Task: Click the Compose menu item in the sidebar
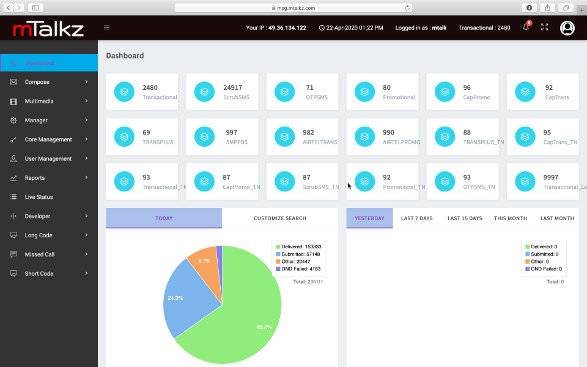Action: [x=37, y=82]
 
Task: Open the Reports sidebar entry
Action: [x=35, y=178]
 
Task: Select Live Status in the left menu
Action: [x=39, y=197]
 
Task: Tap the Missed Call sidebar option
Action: [x=39, y=254]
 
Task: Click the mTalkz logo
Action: [x=48, y=28]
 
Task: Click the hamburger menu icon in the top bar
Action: [x=107, y=28]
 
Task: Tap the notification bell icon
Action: [x=526, y=28]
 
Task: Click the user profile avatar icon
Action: [x=567, y=28]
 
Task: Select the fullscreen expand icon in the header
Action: [x=545, y=28]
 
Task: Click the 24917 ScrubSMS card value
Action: [x=232, y=87]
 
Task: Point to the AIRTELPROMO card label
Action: [x=401, y=142]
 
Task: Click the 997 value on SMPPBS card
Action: [x=232, y=132]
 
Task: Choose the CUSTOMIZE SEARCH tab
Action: [x=280, y=218]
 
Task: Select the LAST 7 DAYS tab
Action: [x=416, y=218]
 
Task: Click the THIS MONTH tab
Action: [x=510, y=218]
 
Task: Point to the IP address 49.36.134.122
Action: [x=287, y=28]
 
